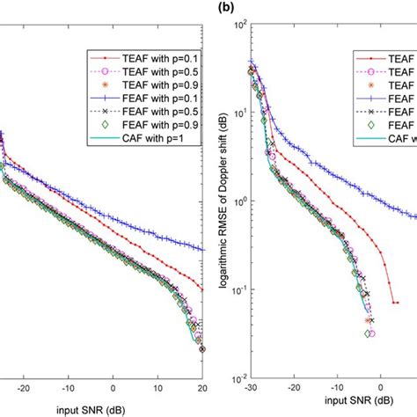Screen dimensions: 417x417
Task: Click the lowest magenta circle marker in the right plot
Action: tap(372, 333)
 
